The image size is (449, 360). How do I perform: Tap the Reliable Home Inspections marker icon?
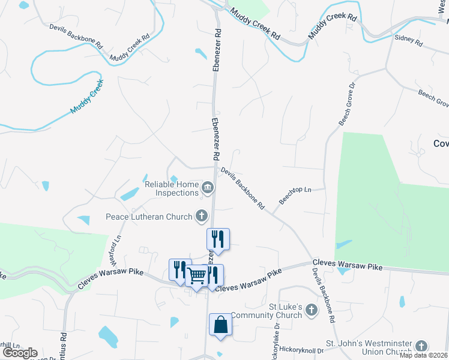tap(208, 189)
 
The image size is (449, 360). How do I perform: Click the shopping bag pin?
tap(220, 325)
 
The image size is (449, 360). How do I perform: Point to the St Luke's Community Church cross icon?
tap(311, 310)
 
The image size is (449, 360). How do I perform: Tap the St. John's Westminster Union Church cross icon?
tap(422, 346)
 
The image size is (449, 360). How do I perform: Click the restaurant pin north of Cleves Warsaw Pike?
tap(218, 239)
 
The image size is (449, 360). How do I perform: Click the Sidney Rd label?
tap(409, 41)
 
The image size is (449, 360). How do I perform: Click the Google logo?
tap(20, 353)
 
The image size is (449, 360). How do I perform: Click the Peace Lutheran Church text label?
tap(149, 217)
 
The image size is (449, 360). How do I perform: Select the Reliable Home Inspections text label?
tap(172, 188)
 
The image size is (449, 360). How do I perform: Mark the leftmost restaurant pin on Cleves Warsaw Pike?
tap(179, 270)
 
